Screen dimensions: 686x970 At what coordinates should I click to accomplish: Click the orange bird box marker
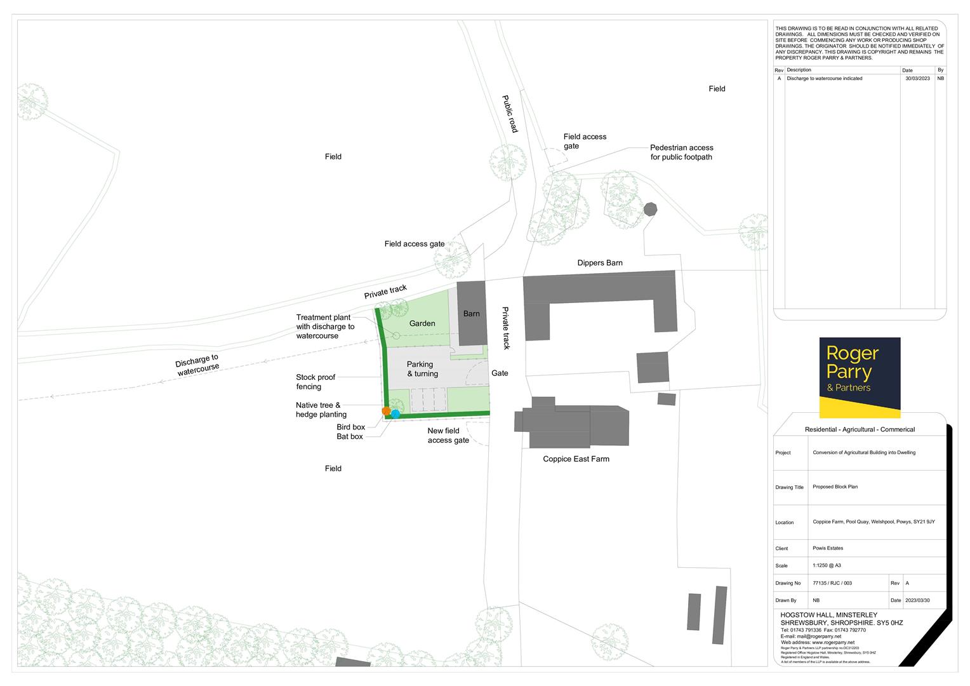[386, 411]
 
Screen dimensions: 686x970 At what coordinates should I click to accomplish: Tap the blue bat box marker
[395, 414]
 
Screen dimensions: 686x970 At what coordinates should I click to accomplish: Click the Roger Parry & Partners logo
[860, 377]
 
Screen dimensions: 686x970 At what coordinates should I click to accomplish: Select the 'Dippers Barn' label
[599, 263]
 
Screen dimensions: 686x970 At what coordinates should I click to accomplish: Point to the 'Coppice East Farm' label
[576, 459]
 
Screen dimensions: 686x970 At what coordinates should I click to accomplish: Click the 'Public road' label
[510, 114]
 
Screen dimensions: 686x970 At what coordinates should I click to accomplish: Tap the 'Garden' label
[422, 323]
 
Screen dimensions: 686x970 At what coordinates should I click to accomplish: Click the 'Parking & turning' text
[422, 369]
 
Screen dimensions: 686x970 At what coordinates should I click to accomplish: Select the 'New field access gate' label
[448, 436]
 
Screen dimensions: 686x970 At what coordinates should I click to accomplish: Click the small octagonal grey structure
[650, 209]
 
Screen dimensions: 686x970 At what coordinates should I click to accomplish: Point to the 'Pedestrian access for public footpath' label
[681, 152]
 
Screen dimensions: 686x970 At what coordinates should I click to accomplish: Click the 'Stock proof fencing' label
[316, 382]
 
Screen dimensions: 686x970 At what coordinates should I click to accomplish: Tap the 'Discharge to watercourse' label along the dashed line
[197, 365]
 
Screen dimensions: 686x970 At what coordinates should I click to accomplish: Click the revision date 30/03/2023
[917, 78]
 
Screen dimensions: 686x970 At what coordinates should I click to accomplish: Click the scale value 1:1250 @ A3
[827, 565]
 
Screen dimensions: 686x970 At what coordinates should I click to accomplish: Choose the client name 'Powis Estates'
[828, 548]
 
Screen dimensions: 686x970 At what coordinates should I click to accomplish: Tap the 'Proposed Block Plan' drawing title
[835, 487]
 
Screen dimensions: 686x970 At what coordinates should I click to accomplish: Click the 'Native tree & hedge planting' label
[321, 410]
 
